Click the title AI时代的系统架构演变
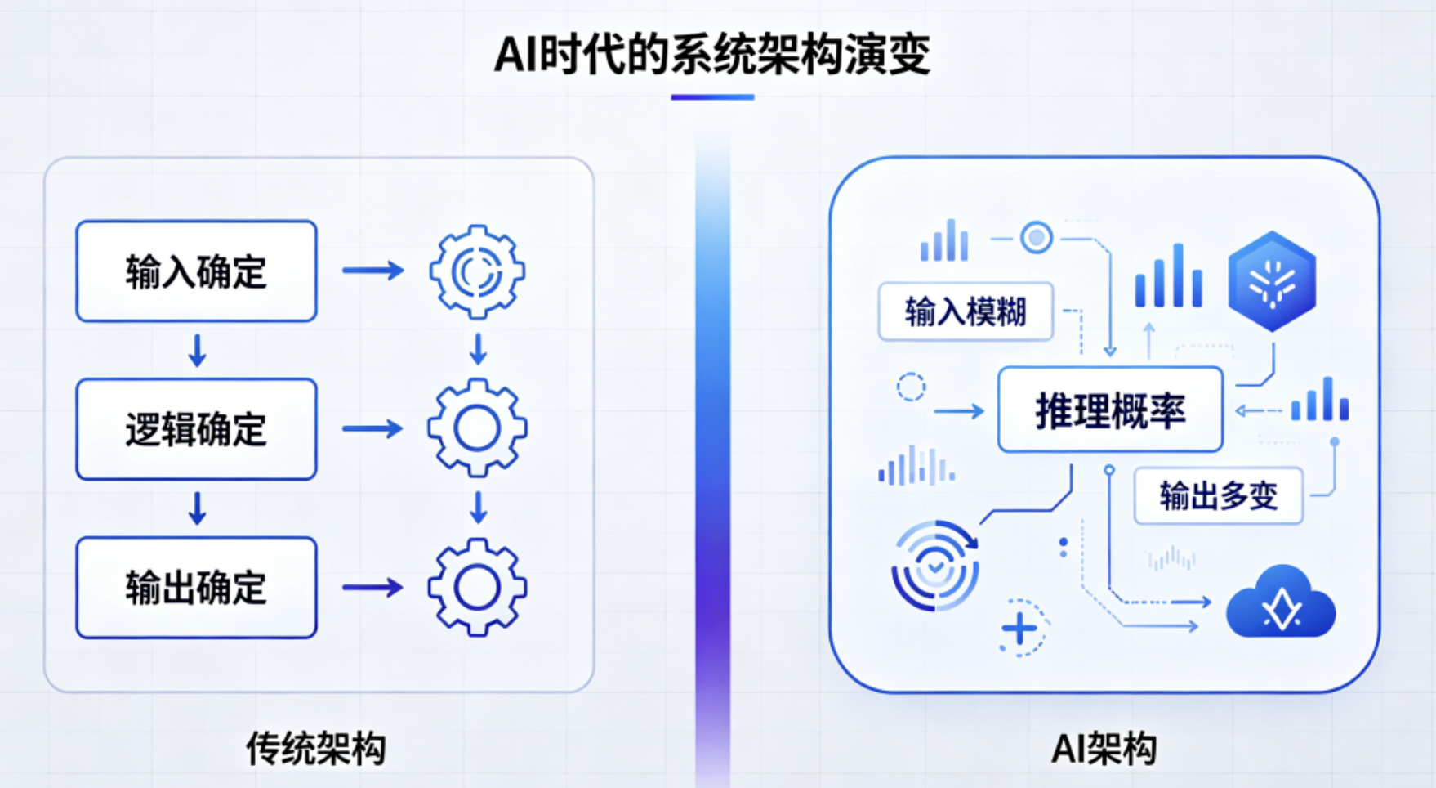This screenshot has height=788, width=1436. click(x=712, y=55)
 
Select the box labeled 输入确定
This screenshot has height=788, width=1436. click(x=196, y=271)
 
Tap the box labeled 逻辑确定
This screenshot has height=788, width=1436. click(x=196, y=429)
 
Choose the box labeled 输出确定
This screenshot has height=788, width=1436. click(x=196, y=587)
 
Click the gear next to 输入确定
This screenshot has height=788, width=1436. click(x=477, y=271)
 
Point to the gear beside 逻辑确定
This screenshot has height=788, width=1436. click(x=477, y=428)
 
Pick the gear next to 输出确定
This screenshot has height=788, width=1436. click(x=477, y=587)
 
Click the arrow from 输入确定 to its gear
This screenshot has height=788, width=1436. click(x=372, y=271)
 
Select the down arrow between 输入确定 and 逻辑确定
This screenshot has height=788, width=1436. click(x=197, y=350)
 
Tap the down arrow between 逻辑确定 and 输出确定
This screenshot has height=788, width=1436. click(x=197, y=508)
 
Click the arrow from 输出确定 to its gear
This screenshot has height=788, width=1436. click(x=372, y=587)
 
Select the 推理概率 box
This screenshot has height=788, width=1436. click(x=1110, y=410)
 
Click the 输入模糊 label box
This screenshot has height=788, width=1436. click(x=966, y=311)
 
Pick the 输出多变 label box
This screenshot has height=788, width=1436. click(x=1218, y=495)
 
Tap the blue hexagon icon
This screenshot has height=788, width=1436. click(x=1272, y=280)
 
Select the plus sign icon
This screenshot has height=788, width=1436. click(x=1019, y=629)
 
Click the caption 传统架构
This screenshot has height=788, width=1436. click(x=316, y=748)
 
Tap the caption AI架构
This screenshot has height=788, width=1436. click(x=1104, y=748)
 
